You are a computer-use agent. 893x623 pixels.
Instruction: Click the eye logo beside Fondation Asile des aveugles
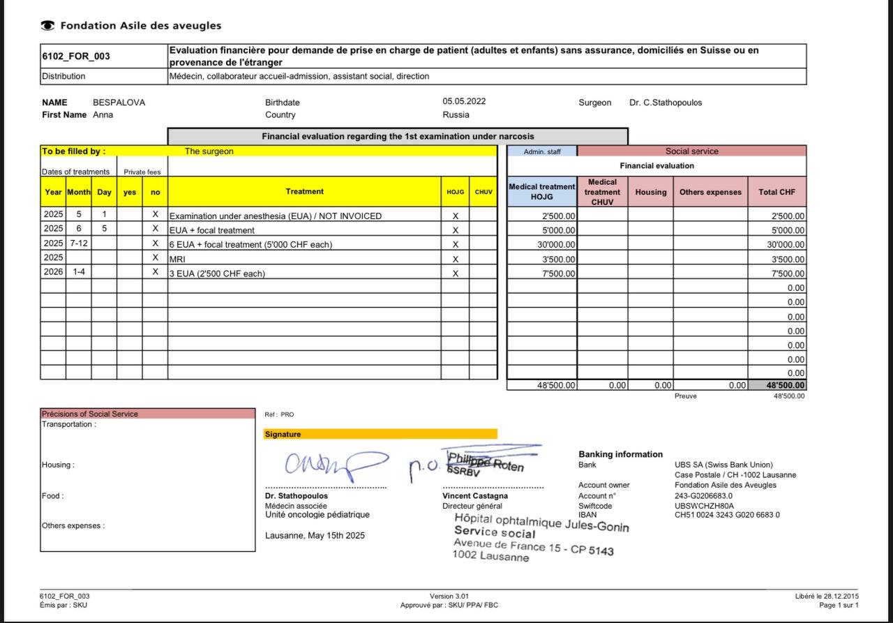pyautogui.click(x=47, y=26)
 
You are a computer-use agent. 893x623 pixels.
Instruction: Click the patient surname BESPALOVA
pyautogui.click(x=119, y=103)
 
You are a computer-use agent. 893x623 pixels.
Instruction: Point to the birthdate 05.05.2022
pyautogui.click(x=464, y=101)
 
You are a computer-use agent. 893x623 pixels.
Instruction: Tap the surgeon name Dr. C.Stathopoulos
pyautogui.click(x=666, y=103)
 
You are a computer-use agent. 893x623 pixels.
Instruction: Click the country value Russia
pyautogui.click(x=456, y=114)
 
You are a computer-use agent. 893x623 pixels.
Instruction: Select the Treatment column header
pyautogui.click(x=304, y=191)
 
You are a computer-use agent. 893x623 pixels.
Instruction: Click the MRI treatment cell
pyautogui.click(x=177, y=259)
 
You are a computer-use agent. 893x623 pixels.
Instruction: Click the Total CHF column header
pyautogui.click(x=776, y=192)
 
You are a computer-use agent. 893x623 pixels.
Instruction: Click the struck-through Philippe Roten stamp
pyautogui.click(x=485, y=463)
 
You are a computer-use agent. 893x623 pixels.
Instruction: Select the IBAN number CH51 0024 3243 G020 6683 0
pyautogui.click(x=727, y=515)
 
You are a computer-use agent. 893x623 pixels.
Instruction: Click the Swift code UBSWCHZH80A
pyautogui.click(x=704, y=506)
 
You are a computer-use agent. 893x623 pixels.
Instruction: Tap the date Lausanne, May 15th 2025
pyautogui.click(x=315, y=536)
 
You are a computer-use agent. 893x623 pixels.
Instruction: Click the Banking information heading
pyautogui.click(x=620, y=454)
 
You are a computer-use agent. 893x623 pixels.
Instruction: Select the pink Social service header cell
pyautogui.click(x=691, y=151)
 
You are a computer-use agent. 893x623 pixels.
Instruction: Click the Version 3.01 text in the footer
pyautogui.click(x=449, y=596)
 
